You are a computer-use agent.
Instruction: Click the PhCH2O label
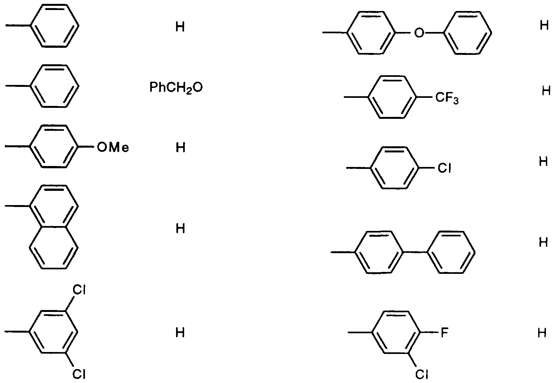click(176, 88)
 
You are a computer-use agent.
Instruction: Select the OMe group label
click(113, 148)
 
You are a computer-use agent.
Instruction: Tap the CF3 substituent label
click(447, 98)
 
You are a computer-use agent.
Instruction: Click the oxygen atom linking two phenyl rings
click(419, 33)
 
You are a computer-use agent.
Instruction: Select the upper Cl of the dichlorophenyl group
click(78, 290)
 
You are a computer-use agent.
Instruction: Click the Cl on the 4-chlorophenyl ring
click(444, 168)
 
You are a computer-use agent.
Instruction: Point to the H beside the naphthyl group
click(180, 228)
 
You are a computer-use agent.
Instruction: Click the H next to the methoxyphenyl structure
click(180, 148)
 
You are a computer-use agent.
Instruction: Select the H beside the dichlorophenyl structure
click(180, 332)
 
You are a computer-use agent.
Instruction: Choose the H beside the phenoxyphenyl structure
click(544, 25)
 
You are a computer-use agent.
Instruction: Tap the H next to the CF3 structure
click(546, 91)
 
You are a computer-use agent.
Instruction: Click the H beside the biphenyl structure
click(544, 242)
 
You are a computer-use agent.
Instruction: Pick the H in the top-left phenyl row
click(180, 27)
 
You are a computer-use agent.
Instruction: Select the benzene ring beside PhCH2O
click(30, 86)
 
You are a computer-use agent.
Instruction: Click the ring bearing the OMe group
click(30, 147)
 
